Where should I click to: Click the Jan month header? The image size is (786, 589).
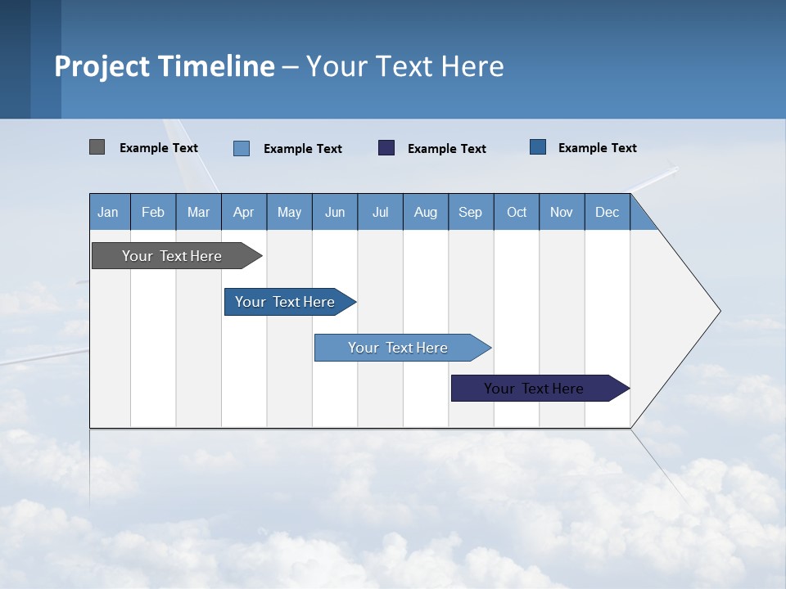tap(108, 213)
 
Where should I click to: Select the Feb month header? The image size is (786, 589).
tap(153, 213)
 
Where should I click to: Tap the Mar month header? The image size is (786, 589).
tap(198, 213)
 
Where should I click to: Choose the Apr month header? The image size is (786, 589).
tap(244, 213)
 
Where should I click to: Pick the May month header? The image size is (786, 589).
tap(289, 213)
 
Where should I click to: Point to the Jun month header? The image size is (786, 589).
tap(335, 213)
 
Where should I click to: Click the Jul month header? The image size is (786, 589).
tap(380, 213)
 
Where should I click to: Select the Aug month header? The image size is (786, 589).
tap(426, 213)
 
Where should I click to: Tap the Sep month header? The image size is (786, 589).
tap(471, 213)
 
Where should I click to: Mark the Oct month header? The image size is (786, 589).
tap(517, 213)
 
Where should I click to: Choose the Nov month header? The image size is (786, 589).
tap(562, 213)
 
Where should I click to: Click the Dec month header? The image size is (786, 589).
tap(608, 213)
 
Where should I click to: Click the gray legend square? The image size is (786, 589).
tap(97, 147)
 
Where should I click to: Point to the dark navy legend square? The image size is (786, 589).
tap(386, 148)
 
